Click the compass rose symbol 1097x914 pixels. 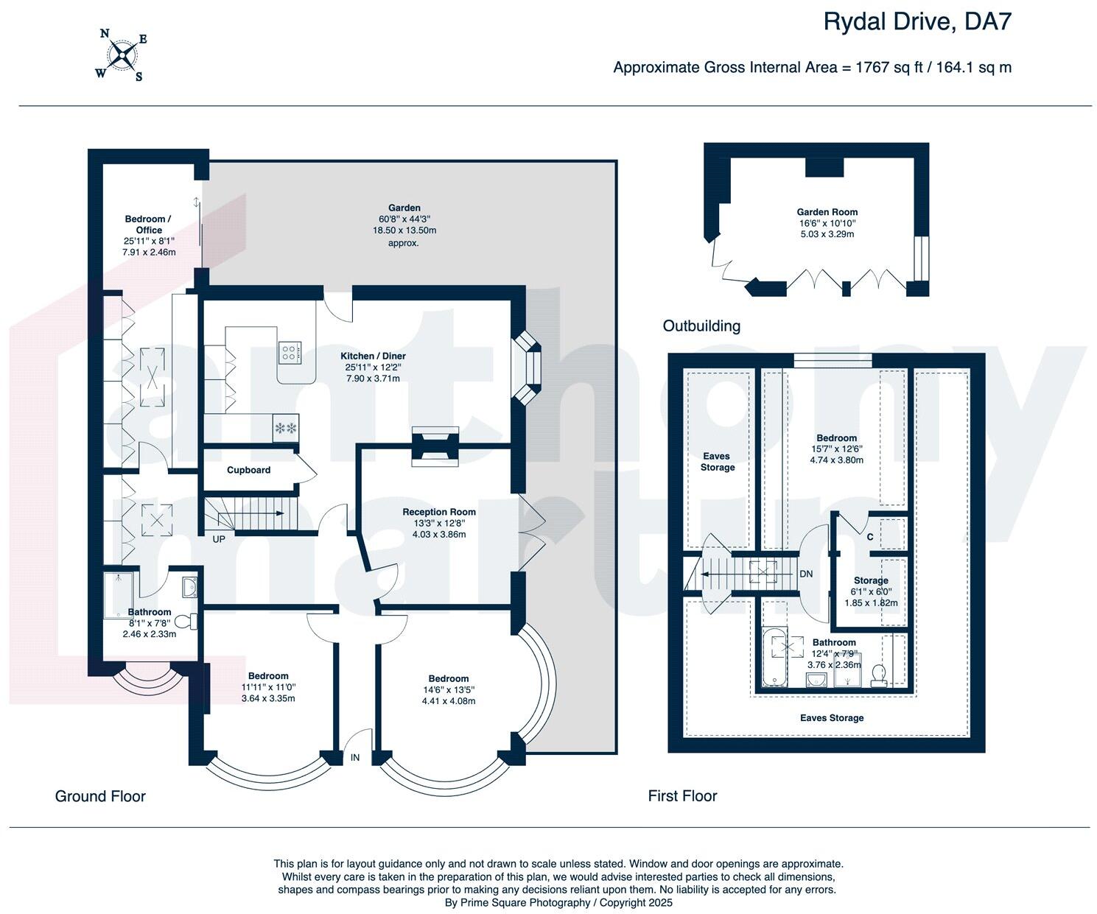click(x=121, y=54)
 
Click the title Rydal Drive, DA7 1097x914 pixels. click(x=916, y=22)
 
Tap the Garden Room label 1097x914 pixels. click(x=827, y=212)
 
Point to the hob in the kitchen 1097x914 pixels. click(x=290, y=353)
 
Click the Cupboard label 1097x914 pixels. click(x=248, y=470)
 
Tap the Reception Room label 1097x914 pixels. click(x=439, y=512)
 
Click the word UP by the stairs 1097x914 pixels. click(x=219, y=538)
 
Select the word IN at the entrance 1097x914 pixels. click(x=355, y=757)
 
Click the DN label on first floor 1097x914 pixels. click(x=806, y=574)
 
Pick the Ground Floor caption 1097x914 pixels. click(x=100, y=796)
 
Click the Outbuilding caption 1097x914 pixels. click(x=701, y=326)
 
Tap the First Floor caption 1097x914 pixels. click(x=682, y=796)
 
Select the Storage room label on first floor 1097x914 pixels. click(x=871, y=580)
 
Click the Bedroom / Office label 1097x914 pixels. click(x=148, y=225)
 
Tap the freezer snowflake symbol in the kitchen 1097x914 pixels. click(x=286, y=428)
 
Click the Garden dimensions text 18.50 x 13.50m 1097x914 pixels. click(x=404, y=231)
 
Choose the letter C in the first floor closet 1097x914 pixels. click(x=870, y=537)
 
